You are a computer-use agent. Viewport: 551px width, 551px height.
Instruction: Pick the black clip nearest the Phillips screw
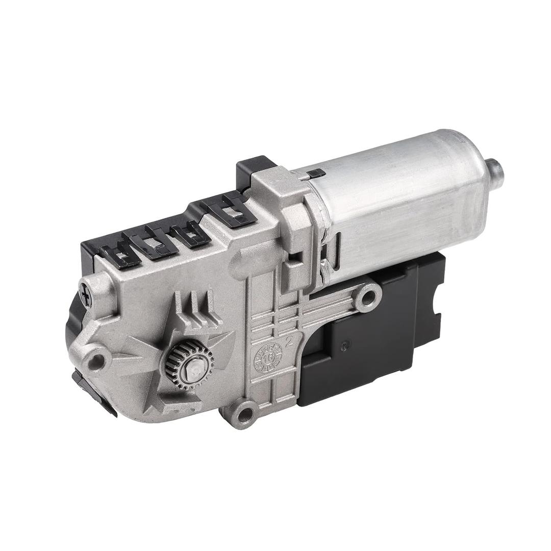click(120, 254)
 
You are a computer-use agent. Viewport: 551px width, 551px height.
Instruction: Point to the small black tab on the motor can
click(316, 174)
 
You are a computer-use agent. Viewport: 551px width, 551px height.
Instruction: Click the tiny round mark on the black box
click(347, 343)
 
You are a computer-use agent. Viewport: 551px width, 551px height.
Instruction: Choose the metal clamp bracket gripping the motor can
click(291, 214)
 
